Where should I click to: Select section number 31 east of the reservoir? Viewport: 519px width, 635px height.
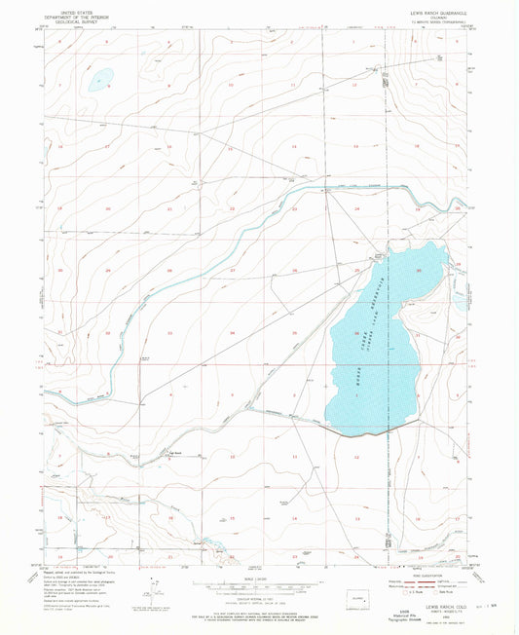point(417,334)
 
